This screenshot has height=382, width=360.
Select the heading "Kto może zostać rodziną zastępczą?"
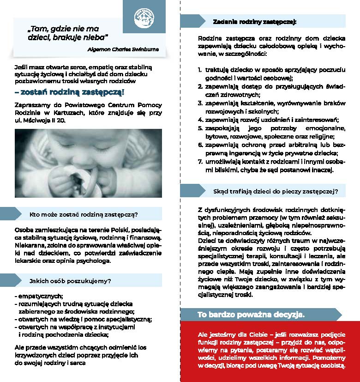coord(84,214)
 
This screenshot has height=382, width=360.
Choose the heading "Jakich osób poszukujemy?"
coord(70,280)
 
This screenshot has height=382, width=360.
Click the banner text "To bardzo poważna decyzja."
coord(251,315)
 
